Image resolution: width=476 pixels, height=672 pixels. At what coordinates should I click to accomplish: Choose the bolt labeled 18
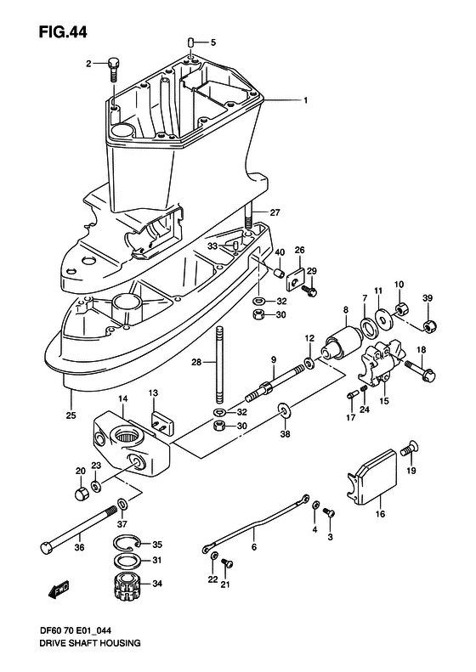pos(419,368)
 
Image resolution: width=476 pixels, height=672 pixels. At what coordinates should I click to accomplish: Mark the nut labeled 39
pos(430,325)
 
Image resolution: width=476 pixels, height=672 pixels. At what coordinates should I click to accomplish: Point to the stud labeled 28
pos(219,362)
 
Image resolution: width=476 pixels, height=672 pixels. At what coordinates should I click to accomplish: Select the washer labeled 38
pos(281,413)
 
